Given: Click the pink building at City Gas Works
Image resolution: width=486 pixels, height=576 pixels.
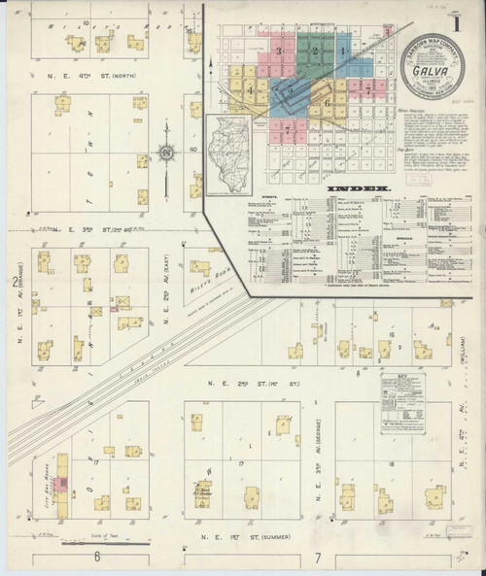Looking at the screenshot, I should (60, 483).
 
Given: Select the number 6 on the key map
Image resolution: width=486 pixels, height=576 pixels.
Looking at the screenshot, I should (329, 101).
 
